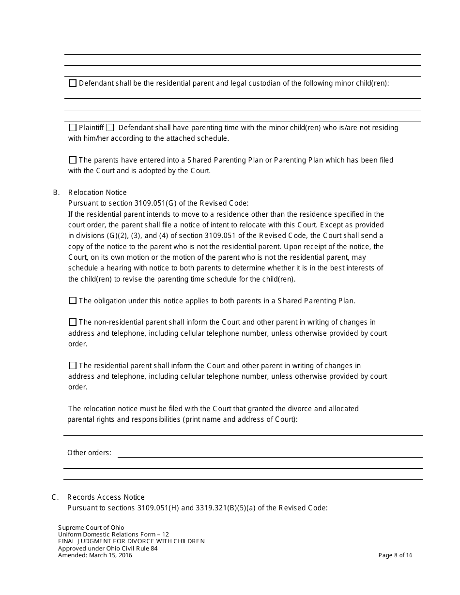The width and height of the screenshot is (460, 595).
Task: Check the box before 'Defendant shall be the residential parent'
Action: (x=73, y=83)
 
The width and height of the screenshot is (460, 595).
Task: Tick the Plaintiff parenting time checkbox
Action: (x=73, y=128)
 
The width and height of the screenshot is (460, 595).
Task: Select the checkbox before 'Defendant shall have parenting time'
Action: (x=110, y=128)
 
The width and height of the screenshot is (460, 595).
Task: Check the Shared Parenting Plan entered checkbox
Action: (x=73, y=160)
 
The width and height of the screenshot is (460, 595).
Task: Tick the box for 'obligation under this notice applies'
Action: (x=73, y=301)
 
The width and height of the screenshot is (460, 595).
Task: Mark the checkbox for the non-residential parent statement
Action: (x=73, y=322)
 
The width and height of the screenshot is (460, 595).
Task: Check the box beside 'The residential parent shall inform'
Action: (x=73, y=366)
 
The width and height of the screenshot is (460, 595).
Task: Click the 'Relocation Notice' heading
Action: (x=97, y=193)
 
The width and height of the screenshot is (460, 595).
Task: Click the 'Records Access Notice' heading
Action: (x=106, y=497)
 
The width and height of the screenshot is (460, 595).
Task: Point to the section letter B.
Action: (x=56, y=193)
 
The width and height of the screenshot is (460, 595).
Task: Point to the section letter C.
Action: (x=55, y=497)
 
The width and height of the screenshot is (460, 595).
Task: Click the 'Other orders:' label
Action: (x=89, y=453)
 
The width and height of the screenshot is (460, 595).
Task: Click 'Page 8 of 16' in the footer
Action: (x=395, y=555)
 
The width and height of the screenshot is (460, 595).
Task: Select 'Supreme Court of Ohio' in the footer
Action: (x=91, y=528)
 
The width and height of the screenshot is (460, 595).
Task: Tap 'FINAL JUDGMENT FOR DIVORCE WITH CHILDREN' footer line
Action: (x=131, y=541)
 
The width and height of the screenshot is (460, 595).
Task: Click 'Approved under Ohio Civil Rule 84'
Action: (x=107, y=549)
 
